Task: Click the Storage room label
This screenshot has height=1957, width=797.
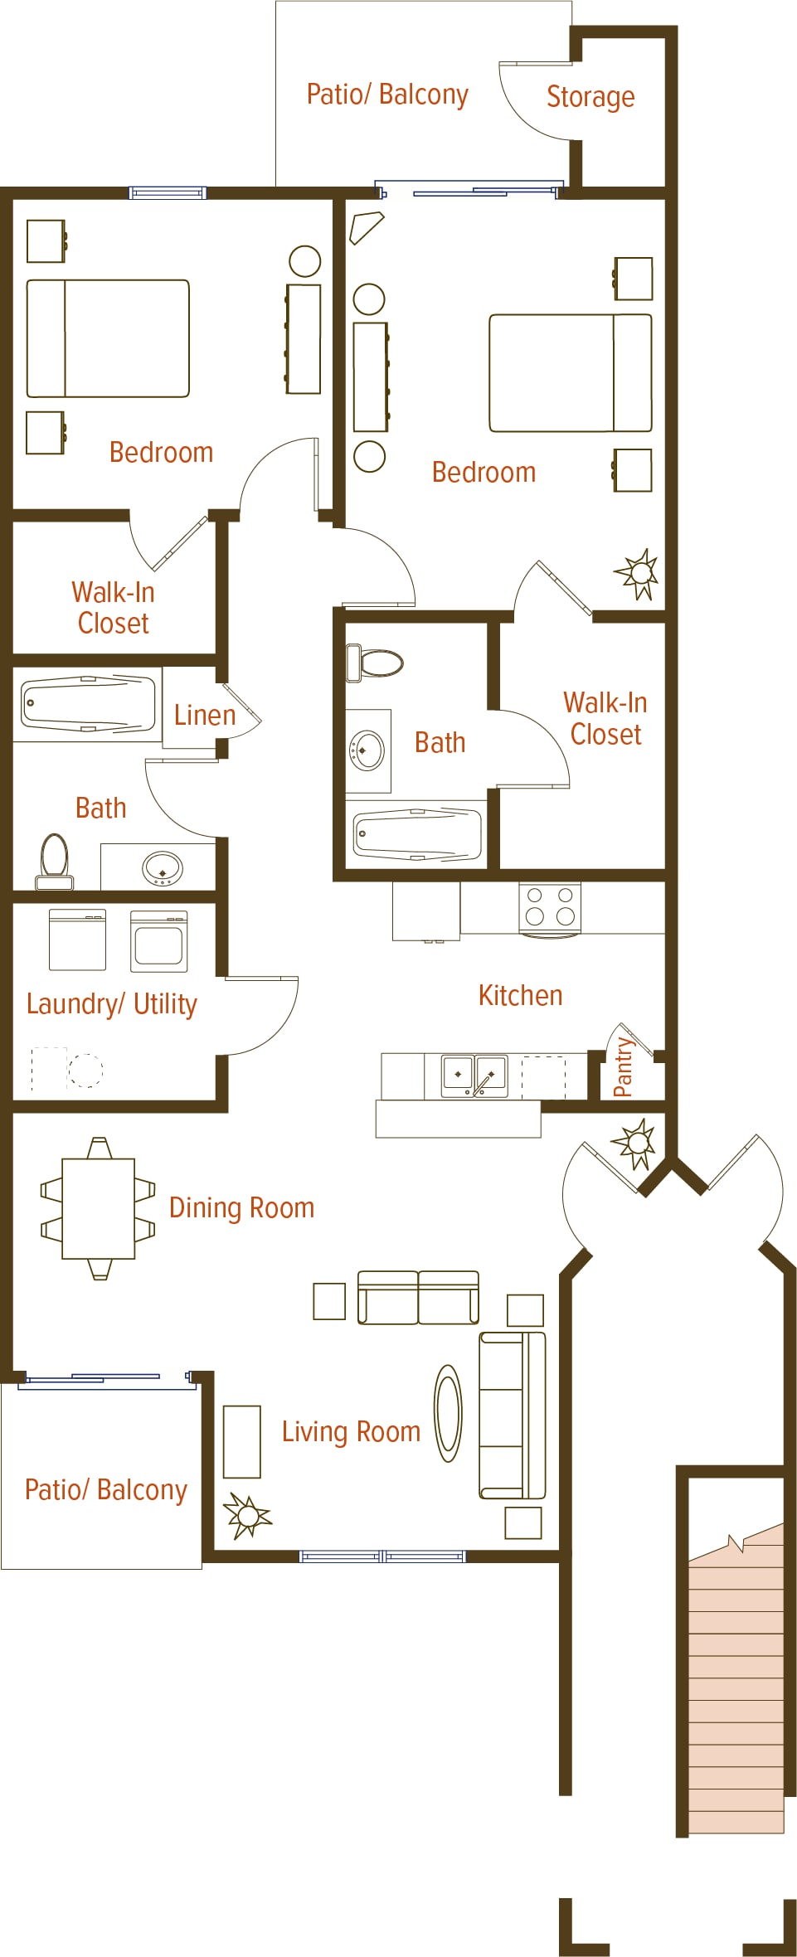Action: pos(590,97)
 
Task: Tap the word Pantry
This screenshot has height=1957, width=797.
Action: pos(623,1066)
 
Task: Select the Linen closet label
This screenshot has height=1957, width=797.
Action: pos(205,715)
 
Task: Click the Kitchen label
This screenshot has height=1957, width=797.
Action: pos(521,995)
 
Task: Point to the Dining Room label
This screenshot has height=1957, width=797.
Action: pos(242,1207)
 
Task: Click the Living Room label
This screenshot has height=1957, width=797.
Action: pos(351,1431)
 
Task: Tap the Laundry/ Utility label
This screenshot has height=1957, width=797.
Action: pos(112,1003)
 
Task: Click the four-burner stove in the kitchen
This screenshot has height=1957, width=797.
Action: pos(550,908)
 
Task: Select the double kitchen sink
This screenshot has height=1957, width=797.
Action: pos(474,1076)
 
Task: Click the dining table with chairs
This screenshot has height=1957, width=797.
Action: pos(99,1208)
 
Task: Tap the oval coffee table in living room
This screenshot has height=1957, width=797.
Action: pos(449,1414)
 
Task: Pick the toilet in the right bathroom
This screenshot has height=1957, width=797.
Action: pos(375,663)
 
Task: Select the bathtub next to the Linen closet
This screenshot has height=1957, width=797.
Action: pos(88,705)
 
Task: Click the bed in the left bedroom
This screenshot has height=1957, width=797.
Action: pos(108,338)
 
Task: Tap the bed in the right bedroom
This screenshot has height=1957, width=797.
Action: pos(571,373)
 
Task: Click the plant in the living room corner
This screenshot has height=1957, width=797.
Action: pos(246,1516)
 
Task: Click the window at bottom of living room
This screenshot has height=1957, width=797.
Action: pos(382,1556)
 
